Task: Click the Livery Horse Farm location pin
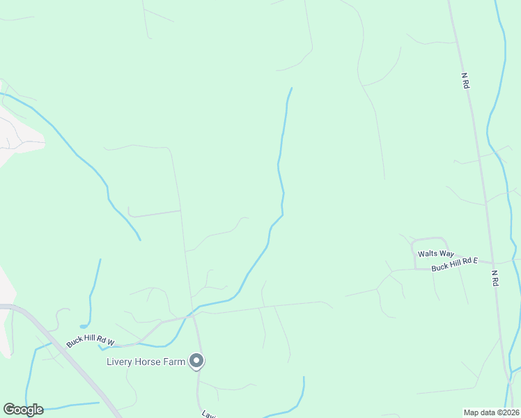197,361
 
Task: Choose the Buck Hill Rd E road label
454,264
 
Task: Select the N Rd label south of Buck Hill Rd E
495,278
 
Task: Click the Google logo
23,410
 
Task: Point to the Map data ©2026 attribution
491,412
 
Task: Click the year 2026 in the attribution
508,412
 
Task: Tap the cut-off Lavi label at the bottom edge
208,415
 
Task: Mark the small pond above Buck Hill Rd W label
84,325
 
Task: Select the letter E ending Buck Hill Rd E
476,261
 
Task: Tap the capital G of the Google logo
9,410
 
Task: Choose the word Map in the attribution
472,412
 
